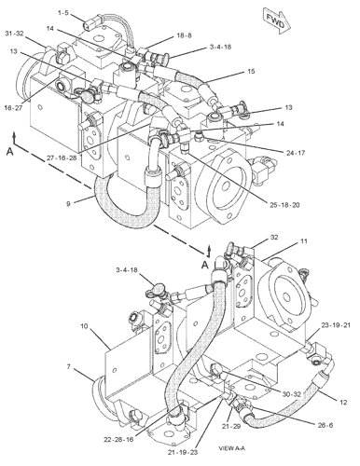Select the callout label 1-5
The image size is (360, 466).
pyautogui.click(x=36, y=14)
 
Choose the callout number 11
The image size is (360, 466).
pyautogui.click(x=303, y=241)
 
